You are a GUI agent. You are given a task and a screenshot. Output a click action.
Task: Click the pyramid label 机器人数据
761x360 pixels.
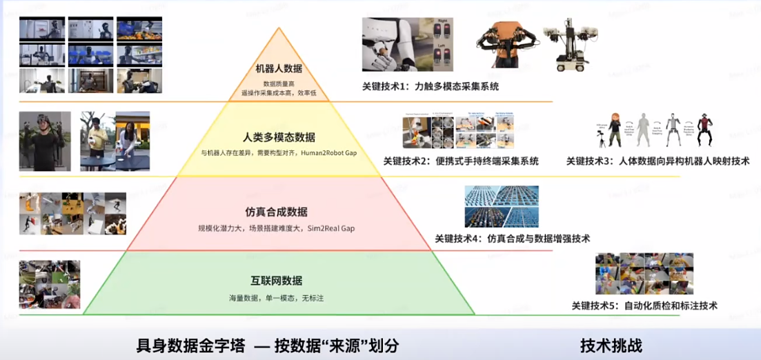point(279,68)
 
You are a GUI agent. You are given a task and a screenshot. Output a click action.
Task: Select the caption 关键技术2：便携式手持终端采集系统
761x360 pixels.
point(461,161)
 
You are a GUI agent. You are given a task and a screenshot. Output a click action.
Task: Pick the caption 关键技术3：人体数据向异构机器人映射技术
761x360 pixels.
point(658,161)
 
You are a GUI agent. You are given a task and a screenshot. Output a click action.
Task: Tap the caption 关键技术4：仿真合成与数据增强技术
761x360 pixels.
point(512,239)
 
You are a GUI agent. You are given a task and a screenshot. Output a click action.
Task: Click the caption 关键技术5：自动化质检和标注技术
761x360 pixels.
point(644,305)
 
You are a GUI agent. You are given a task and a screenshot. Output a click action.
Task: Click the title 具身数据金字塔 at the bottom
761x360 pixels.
point(191,345)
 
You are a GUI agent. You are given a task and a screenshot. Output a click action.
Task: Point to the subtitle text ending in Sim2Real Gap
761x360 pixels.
point(276,228)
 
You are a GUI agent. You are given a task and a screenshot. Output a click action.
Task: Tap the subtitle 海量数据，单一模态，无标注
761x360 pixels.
point(276,298)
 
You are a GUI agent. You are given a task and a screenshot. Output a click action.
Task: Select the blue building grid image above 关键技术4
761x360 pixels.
point(502,206)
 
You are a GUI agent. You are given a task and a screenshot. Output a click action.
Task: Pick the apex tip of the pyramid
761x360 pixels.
point(279,28)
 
